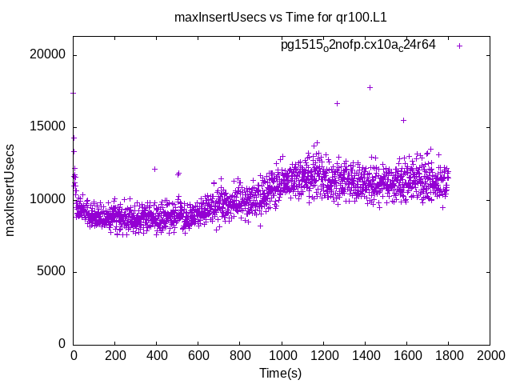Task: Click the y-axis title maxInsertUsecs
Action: click(x=10, y=190)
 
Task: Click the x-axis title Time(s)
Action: click(x=280, y=374)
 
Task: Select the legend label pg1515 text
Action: click(x=358, y=45)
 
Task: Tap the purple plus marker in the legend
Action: click(x=460, y=46)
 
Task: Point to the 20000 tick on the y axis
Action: click(x=49, y=55)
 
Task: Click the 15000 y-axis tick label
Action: click(x=49, y=127)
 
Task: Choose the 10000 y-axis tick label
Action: click(x=49, y=199)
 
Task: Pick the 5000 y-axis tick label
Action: click(x=52, y=271)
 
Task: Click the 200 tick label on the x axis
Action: click(x=115, y=356)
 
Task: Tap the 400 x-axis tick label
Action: click(x=157, y=356)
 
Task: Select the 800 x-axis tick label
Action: click(x=240, y=356)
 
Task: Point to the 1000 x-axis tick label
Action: click(x=282, y=356)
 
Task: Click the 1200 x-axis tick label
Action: click(x=323, y=356)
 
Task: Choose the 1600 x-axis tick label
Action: click(x=406, y=356)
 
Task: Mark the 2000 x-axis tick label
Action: click(x=490, y=356)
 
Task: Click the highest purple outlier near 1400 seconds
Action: click(x=370, y=87)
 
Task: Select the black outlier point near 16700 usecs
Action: click(x=337, y=103)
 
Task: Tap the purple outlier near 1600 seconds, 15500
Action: click(x=403, y=120)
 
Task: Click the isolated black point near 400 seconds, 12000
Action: click(x=154, y=169)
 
